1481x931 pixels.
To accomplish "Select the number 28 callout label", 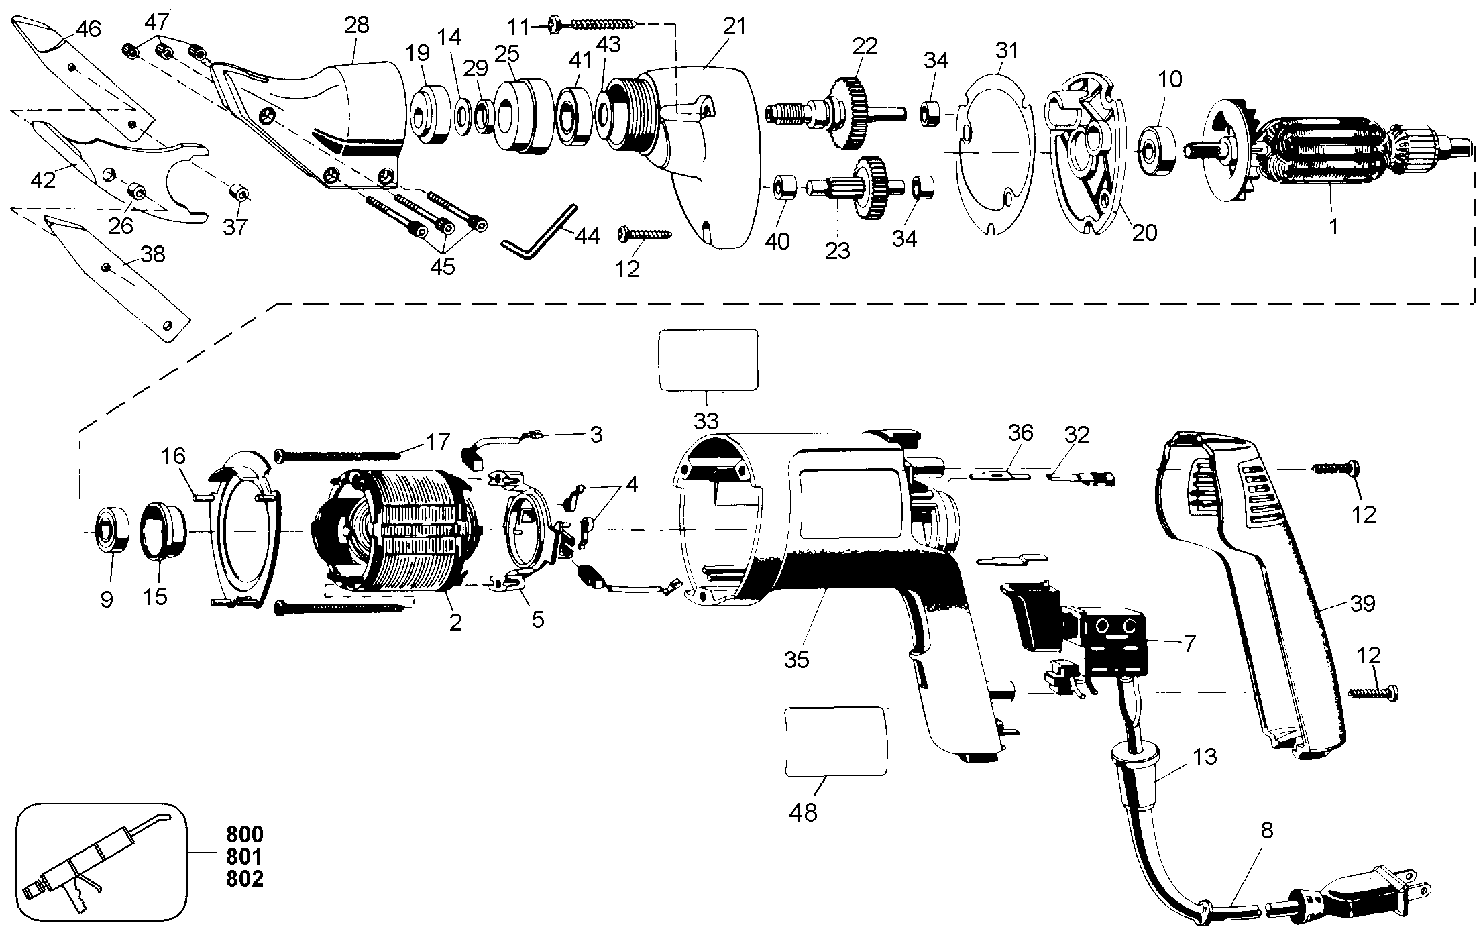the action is (x=356, y=25).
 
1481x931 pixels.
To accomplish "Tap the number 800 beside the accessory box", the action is (x=244, y=834).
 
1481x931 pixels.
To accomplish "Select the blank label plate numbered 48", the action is (x=836, y=740).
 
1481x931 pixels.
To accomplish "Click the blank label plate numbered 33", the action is (x=709, y=360).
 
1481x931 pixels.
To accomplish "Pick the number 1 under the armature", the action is (x=1333, y=227).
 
